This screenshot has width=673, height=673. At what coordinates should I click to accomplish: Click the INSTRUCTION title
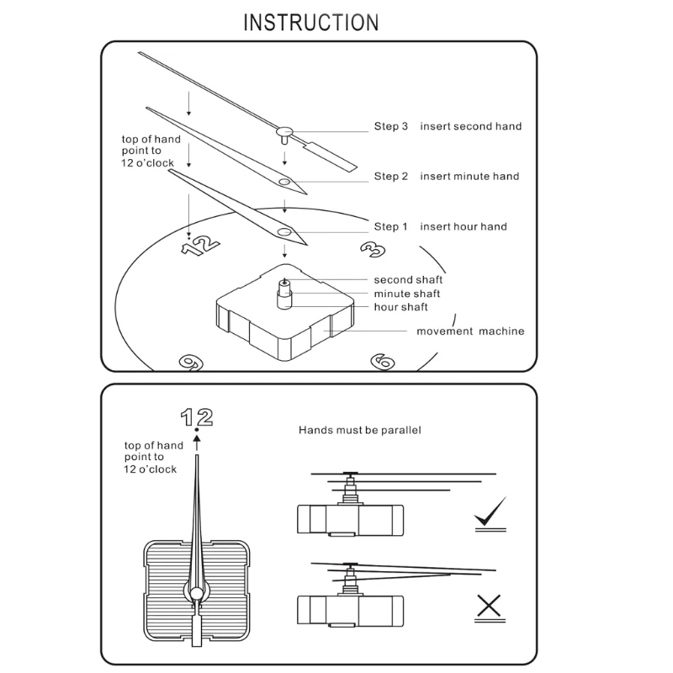point(311,23)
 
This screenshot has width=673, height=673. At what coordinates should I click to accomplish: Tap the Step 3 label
point(390,126)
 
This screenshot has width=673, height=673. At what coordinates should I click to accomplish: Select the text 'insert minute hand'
point(469,176)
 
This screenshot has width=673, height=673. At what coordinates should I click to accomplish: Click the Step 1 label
point(390,226)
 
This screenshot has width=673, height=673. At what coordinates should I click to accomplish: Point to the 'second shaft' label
point(408,280)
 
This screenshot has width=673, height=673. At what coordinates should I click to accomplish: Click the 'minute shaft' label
point(407,294)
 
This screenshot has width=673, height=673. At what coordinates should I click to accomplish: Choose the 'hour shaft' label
point(401,307)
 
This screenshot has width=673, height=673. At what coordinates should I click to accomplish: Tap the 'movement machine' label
point(470,331)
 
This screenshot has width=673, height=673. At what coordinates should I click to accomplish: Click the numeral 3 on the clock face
point(373,249)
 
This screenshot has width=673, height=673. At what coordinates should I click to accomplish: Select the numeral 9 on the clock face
point(191,363)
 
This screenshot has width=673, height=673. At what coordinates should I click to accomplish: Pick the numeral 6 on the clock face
point(383,362)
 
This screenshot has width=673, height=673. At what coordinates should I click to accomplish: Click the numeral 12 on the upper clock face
point(200,246)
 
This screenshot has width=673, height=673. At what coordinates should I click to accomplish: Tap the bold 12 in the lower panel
point(197,417)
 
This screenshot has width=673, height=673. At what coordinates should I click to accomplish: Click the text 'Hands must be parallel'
point(360,430)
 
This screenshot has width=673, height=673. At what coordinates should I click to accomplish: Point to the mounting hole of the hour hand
point(284,232)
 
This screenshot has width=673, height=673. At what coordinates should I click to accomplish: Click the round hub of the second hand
point(284,131)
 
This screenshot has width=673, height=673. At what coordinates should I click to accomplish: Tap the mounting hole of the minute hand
point(284,182)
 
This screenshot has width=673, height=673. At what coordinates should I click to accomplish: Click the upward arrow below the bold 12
point(197,443)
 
